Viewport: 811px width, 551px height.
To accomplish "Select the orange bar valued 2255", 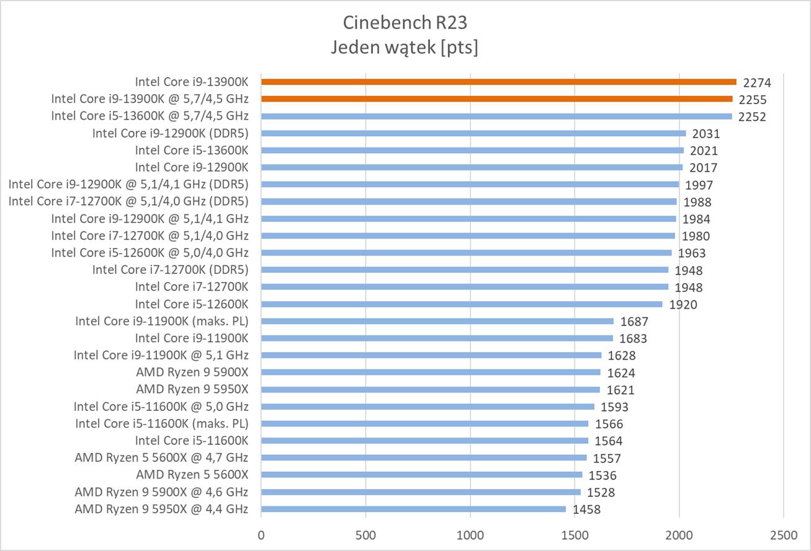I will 496,99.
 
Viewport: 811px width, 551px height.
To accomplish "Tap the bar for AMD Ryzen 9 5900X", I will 431,372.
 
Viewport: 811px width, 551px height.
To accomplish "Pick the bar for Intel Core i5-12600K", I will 462,304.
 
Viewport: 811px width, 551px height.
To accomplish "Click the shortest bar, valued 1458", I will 413,509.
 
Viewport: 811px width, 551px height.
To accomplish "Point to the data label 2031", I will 706,133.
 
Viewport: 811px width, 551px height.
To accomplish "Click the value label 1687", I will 634,322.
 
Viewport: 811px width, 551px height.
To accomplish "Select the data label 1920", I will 683,304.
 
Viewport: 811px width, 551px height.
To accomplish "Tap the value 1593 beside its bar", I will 614,407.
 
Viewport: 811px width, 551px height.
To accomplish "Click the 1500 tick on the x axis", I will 575,534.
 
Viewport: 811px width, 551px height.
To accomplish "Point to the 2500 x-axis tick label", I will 783,534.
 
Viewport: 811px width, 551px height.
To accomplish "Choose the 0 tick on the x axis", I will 261,534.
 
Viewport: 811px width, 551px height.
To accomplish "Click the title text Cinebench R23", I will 405,23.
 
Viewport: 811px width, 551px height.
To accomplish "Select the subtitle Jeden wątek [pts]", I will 405,47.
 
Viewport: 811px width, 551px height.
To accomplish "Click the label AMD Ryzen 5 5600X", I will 192,475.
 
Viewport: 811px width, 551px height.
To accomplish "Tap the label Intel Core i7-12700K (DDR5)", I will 170,270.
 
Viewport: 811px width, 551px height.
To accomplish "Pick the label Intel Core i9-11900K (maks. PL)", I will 161,321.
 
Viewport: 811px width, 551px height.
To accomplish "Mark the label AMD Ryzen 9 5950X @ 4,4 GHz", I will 161,509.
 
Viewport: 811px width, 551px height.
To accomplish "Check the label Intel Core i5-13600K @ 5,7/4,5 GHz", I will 150,115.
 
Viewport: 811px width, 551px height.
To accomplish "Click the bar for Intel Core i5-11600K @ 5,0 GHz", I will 428,407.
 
